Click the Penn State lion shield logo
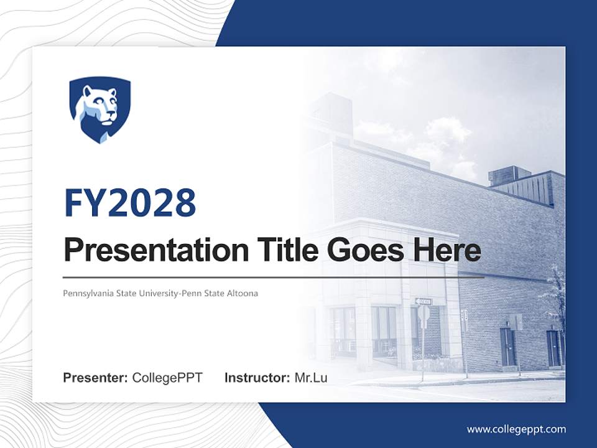(x=99, y=110)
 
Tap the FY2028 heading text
(x=130, y=203)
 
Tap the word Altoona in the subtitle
(x=243, y=293)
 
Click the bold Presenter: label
(x=96, y=378)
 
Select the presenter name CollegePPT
(x=167, y=378)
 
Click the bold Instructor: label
(x=257, y=378)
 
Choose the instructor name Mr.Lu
(x=311, y=378)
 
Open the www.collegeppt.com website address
(x=516, y=429)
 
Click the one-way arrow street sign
(x=423, y=302)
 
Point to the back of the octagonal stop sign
(x=423, y=313)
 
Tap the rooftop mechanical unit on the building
(x=509, y=175)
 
